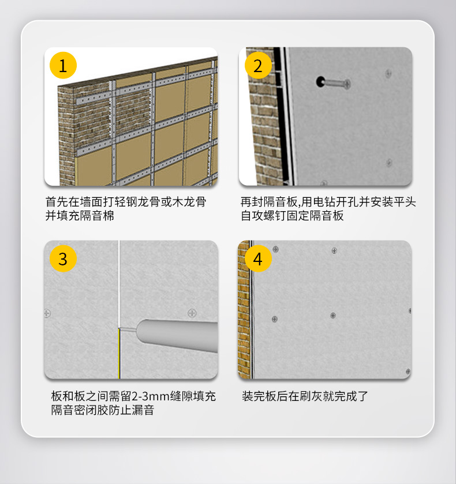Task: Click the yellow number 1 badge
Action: click(63, 65)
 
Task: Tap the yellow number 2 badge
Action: click(258, 65)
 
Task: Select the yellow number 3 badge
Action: click(63, 258)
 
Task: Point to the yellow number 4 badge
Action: click(258, 258)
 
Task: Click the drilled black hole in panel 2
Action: click(320, 81)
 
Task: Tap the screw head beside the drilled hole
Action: click(347, 84)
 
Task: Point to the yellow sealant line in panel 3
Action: click(119, 354)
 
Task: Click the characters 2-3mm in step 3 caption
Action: click(151, 396)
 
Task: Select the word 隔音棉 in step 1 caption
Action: click(98, 215)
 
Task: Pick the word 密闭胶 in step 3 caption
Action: click(91, 410)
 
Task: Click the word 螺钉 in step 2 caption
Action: click(275, 215)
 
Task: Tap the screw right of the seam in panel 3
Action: click(192, 313)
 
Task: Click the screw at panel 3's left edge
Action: click(47, 313)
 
